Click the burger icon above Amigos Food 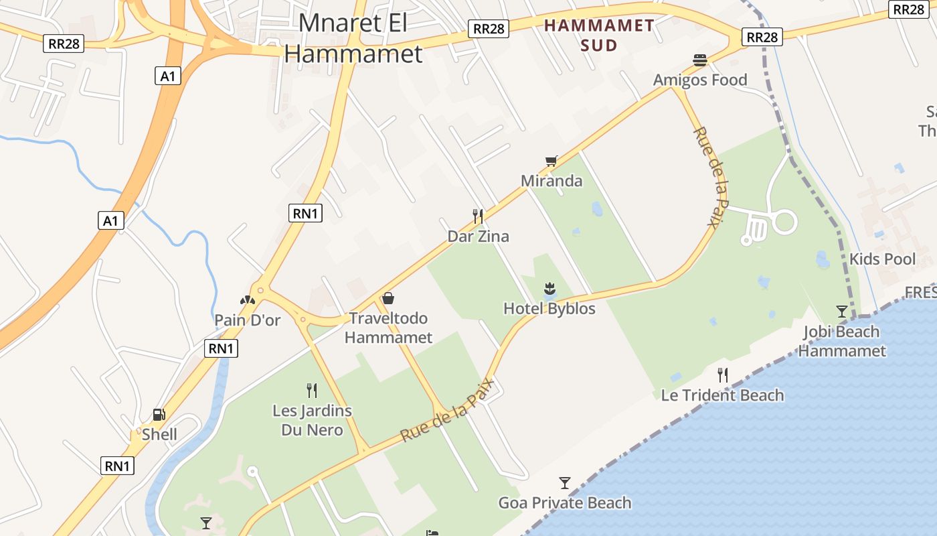700,60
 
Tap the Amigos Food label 700,80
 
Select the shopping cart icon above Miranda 551,161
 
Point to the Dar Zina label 478,237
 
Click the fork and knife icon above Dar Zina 478,216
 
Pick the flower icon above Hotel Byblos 549,289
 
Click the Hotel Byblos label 549,309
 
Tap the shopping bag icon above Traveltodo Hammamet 388,298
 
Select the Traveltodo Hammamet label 388,328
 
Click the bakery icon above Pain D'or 248,300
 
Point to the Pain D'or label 248,320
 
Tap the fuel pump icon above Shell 159,415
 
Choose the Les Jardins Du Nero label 312,420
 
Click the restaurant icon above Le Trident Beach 722,375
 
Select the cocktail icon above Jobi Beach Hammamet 842,311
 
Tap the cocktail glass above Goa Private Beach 565,482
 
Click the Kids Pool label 882,259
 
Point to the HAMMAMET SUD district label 599,36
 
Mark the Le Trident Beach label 722,395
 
